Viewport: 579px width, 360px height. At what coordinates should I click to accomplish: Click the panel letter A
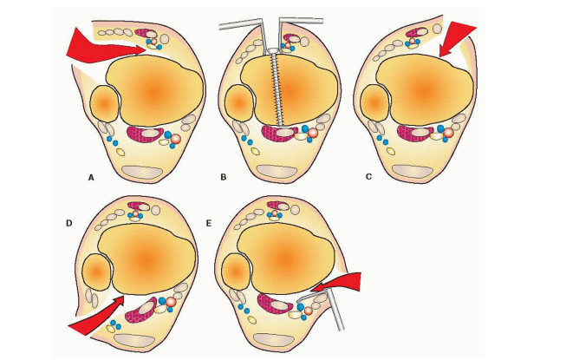(x=91, y=176)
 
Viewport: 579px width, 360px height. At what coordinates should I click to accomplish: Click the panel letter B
(x=223, y=177)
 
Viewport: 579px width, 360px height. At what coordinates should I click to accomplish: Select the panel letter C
(x=368, y=177)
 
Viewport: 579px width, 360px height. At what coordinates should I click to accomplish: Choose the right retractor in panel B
(x=295, y=26)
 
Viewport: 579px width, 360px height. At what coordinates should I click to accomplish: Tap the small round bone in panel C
(x=375, y=102)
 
